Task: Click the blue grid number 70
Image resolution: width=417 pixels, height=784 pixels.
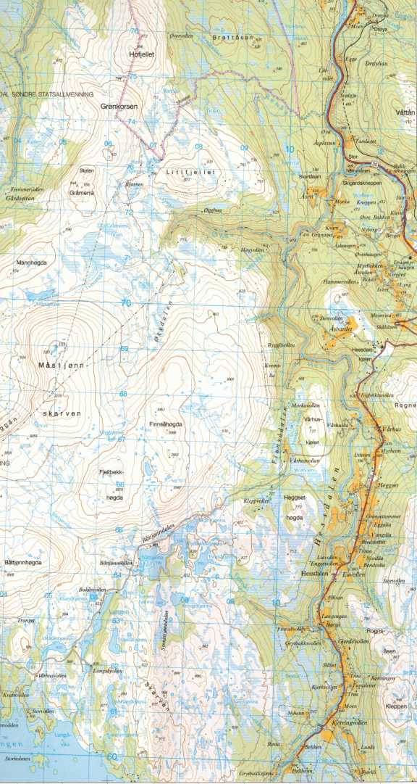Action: click(x=127, y=303)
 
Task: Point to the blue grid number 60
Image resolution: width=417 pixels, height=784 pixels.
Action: click(x=111, y=756)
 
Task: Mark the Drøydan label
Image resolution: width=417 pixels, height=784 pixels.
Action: click(x=377, y=64)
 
